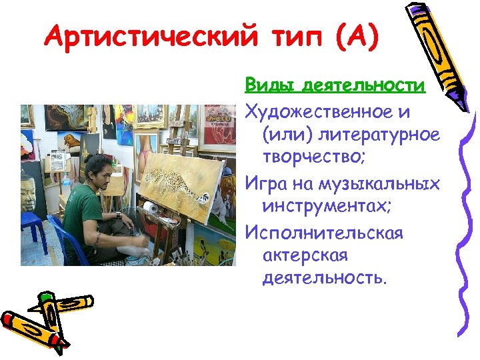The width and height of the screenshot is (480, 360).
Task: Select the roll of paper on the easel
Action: [153, 207]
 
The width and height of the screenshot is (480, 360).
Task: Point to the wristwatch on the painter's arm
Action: [117, 215]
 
